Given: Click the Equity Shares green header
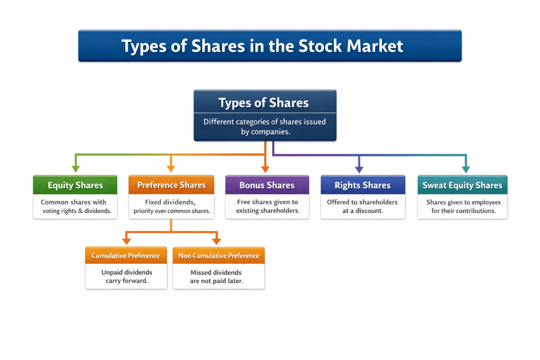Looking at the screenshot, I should coord(75,185).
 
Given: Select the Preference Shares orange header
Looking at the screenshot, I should coord(171,185).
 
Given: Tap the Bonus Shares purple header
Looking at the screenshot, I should coord(267,185).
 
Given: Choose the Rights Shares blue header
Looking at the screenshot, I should coord(363,185).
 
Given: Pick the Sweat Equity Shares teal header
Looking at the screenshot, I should coord(462,185).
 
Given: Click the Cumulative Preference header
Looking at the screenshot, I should coord(126,256).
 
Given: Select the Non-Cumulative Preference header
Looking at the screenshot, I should coord(219,256).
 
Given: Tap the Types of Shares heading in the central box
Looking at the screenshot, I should coord(264,103).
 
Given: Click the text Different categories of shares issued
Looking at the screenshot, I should coord(265,122).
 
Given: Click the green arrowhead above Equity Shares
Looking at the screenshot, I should coord(75,169).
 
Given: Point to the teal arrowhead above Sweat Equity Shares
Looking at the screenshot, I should coord(466,169).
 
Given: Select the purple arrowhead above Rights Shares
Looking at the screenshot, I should coord(359,169).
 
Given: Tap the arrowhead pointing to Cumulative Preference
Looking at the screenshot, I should coord(126,241).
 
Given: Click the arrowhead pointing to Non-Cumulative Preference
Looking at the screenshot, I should coord(216,241).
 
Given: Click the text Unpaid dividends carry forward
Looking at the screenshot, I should coord(127,277).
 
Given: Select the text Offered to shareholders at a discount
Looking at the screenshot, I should coord(362,206).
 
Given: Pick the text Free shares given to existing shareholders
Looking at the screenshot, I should coord(267,206).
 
